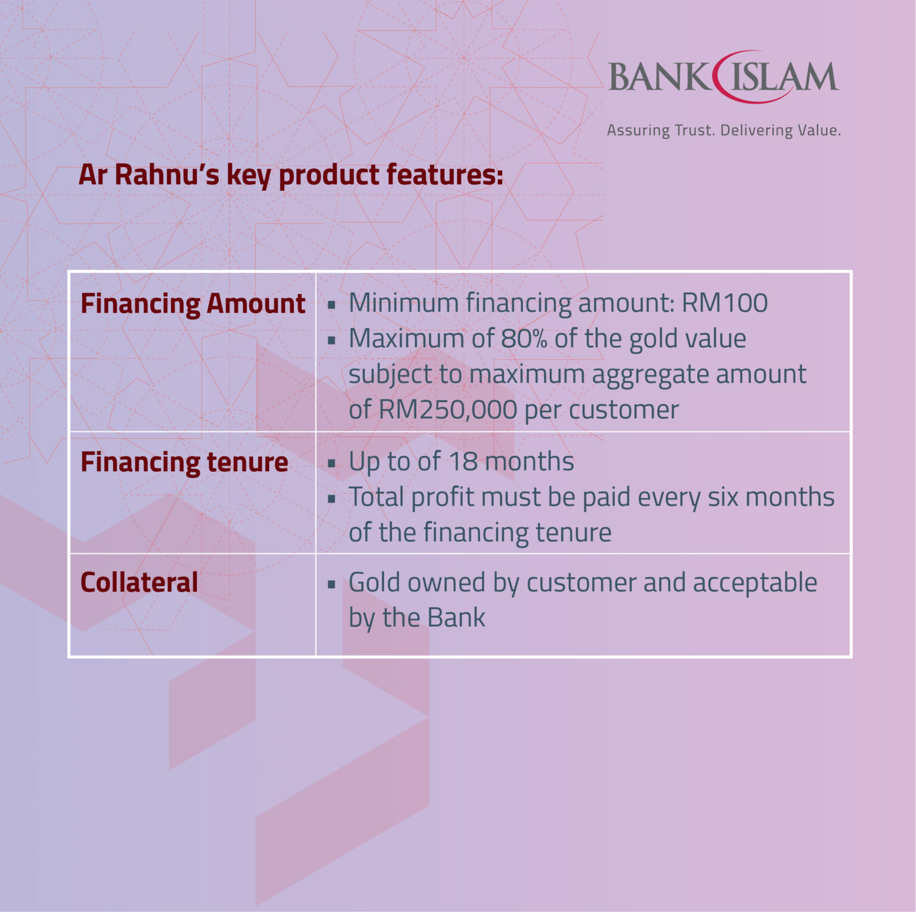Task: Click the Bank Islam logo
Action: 723,78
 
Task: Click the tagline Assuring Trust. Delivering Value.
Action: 723,130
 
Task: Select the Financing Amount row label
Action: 193,304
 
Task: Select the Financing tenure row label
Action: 184,462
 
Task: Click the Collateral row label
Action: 139,582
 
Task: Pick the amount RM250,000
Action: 448,410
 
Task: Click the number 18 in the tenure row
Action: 462,462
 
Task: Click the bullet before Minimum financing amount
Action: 332,305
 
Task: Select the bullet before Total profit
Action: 332,499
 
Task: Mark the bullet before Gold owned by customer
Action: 332,585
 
